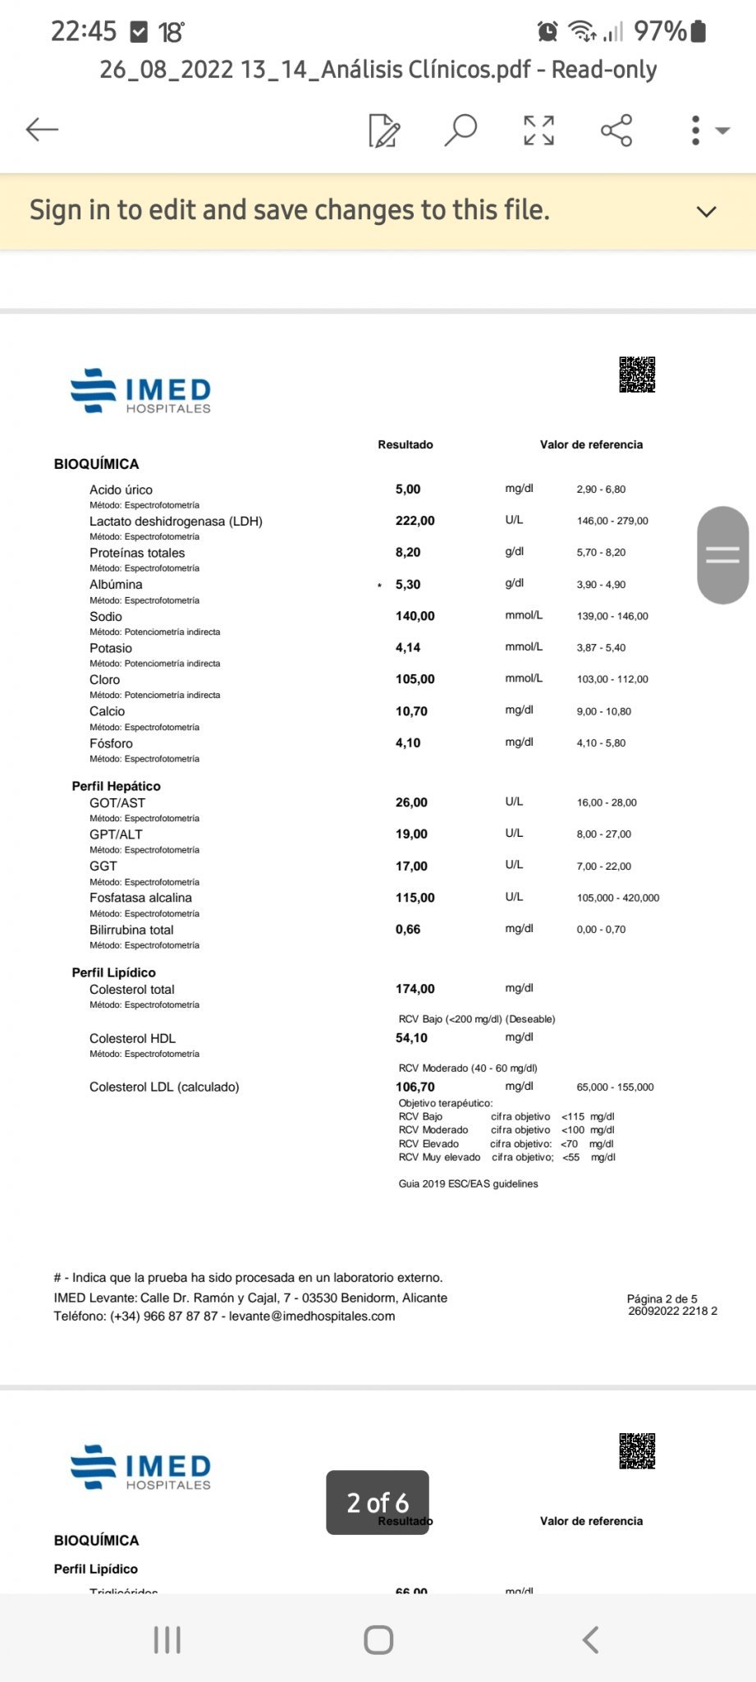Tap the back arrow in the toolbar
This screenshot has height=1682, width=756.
[42, 130]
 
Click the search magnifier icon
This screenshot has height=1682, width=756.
[460, 130]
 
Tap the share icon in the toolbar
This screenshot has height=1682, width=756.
[616, 130]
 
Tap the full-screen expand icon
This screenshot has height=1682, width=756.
[538, 130]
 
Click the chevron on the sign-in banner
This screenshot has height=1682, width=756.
[706, 211]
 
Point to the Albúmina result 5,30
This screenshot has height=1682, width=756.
[408, 585]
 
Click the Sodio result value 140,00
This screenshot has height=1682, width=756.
[415, 616]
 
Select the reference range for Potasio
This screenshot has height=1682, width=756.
[601, 648]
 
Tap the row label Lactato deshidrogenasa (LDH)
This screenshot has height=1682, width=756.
[176, 522]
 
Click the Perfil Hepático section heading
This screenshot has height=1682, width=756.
[116, 786]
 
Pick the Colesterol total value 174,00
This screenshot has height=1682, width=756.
[415, 989]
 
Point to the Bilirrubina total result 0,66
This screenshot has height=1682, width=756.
[408, 930]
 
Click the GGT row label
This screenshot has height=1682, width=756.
[103, 866]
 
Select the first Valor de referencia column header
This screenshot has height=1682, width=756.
[591, 444]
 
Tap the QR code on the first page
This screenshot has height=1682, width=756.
[637, 375]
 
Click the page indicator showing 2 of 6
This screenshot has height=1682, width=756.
[378, 1502]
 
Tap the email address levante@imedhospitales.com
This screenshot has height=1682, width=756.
[312, 1316]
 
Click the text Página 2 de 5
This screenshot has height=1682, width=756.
[662, 1298]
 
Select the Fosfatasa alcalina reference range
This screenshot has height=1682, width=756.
[618, 898]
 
